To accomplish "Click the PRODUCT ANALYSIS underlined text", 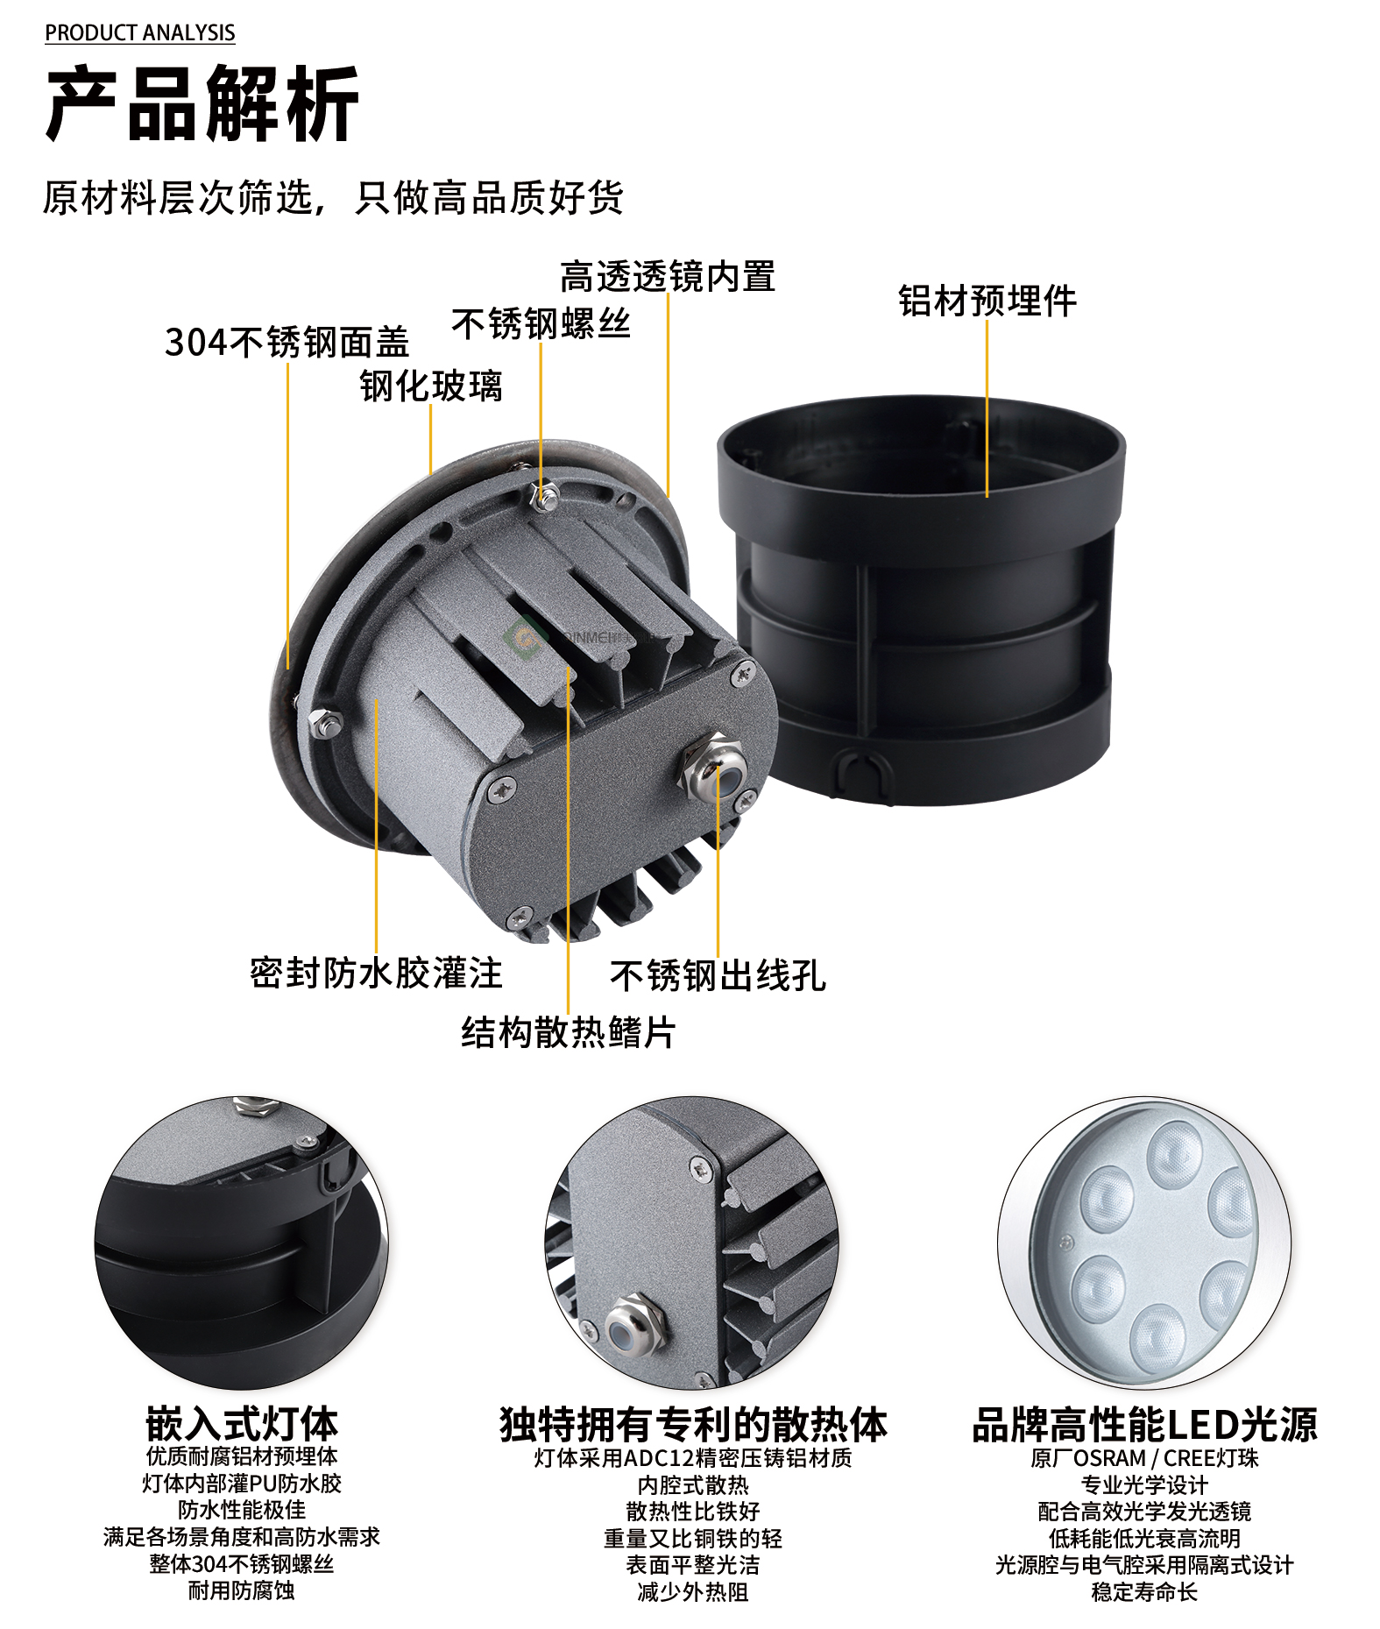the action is [140, 33].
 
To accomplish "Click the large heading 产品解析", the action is [202, 104].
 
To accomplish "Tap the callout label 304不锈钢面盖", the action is [287, 343].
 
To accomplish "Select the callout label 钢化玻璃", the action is [431, 386].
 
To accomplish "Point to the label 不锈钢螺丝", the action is [541, 324].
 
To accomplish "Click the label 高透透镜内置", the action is [668, 277].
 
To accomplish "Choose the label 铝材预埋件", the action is [987, 301].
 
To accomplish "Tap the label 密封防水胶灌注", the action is [377, 974].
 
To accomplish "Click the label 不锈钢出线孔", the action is [718, 976].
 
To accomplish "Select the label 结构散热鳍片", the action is [569, 1032].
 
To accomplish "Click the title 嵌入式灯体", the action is [242, 1424].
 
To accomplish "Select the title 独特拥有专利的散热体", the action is [693, 1425].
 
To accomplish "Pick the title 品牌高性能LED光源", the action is [1144, 1425].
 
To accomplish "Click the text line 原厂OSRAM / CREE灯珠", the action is [1144, 1458].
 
